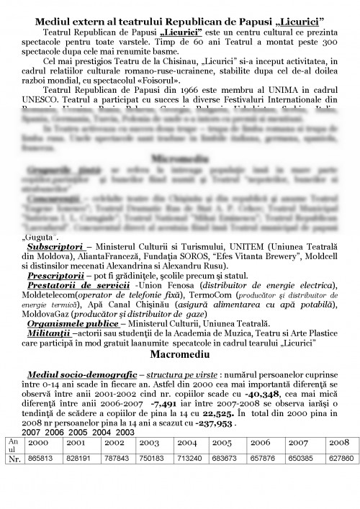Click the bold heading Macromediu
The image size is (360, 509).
[x=180, y=355]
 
